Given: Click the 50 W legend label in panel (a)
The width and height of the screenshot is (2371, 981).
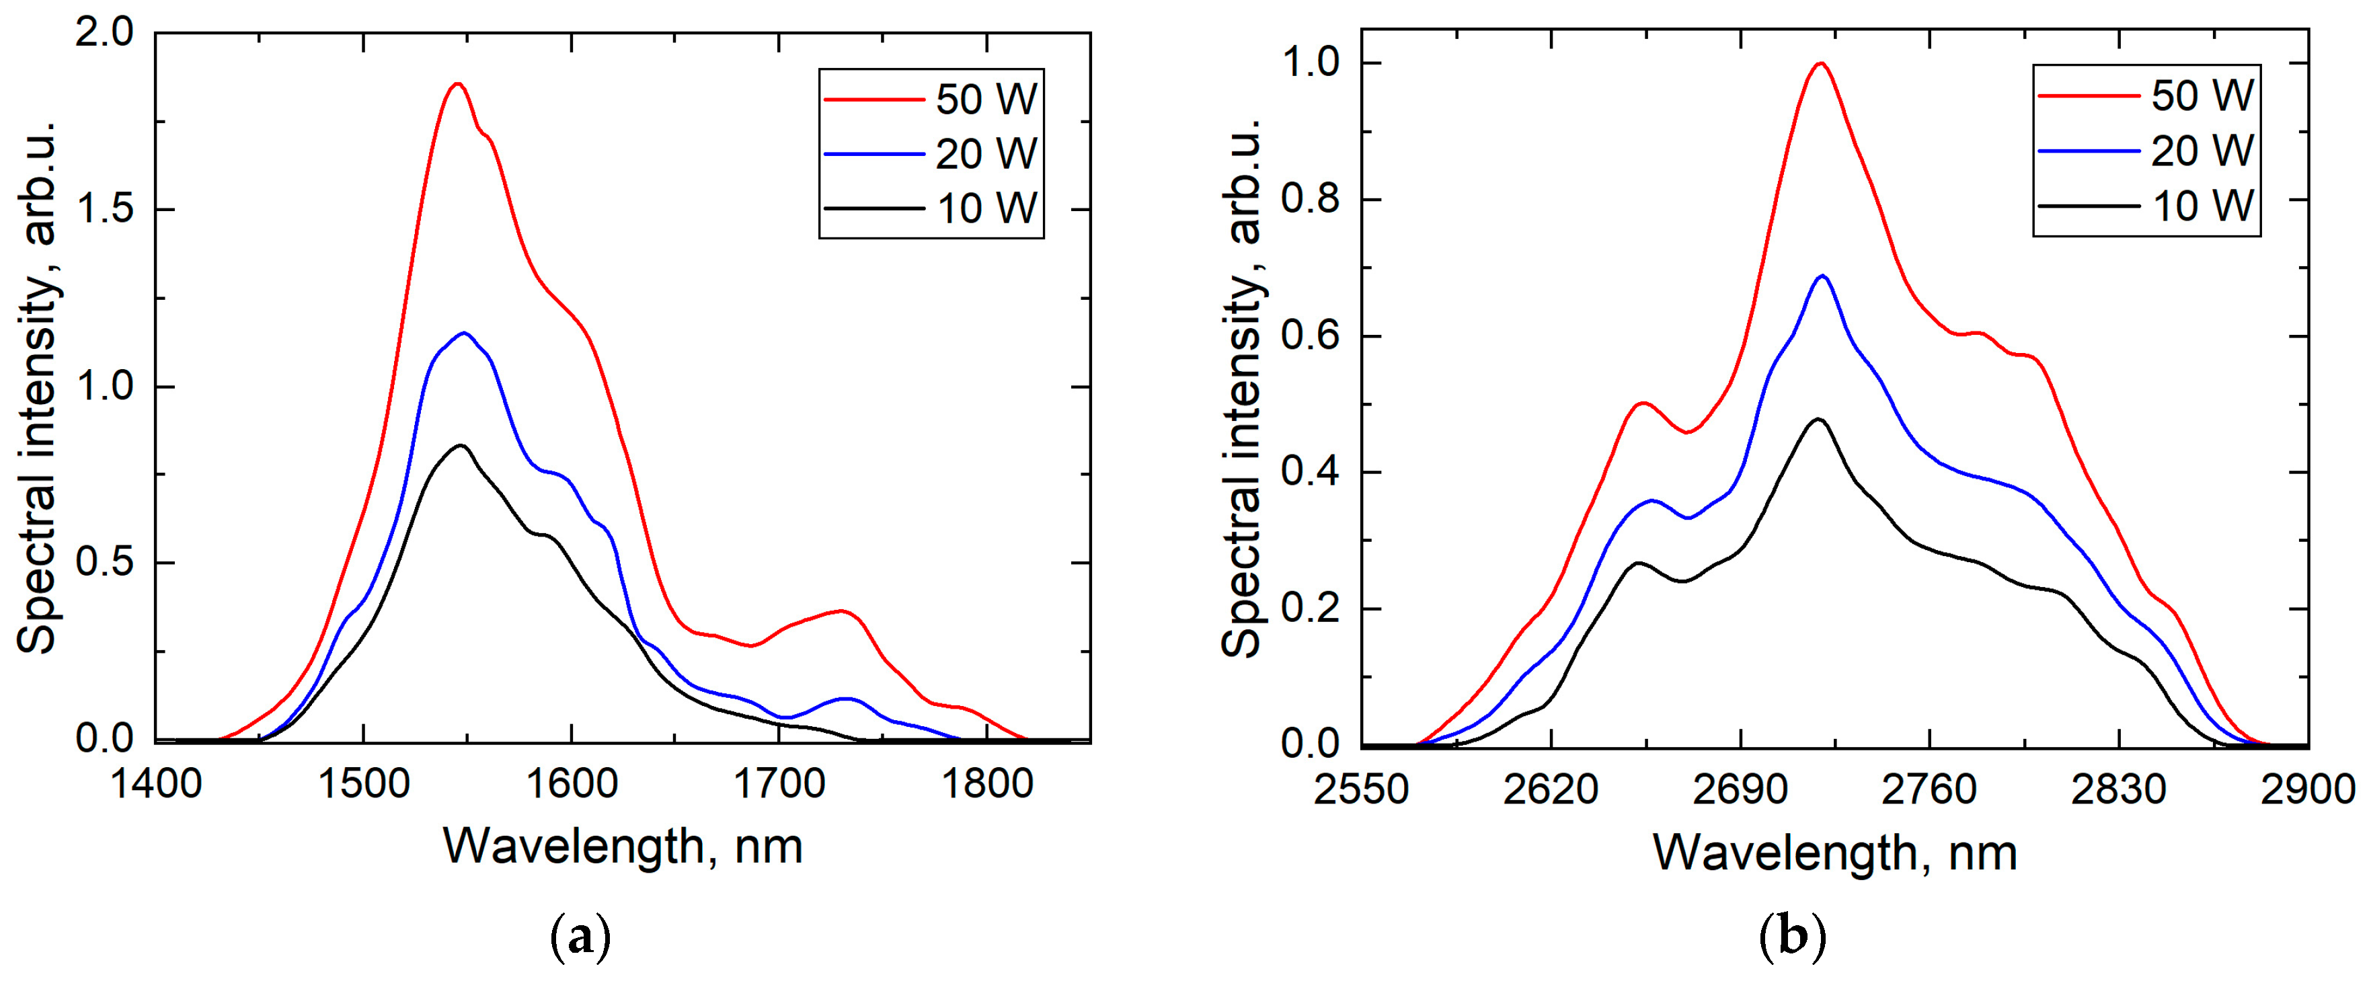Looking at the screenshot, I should pos(986,100).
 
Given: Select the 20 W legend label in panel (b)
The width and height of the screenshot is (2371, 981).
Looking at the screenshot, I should pos(2202,151).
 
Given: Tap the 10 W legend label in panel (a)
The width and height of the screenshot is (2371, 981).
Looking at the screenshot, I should pos(986,209).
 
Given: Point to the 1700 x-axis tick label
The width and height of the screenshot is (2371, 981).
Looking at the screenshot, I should pos(779,784).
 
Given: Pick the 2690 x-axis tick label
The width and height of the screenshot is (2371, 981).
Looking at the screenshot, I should pos(1740,789).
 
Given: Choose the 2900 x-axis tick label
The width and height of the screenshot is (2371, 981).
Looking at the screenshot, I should pos(2308,789).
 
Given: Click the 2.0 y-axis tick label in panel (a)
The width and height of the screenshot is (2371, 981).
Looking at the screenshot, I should pos(103,34).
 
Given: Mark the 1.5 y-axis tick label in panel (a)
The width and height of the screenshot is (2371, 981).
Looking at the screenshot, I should pos(103,210).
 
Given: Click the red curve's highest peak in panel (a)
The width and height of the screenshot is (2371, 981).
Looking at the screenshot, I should pos(457,84).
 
